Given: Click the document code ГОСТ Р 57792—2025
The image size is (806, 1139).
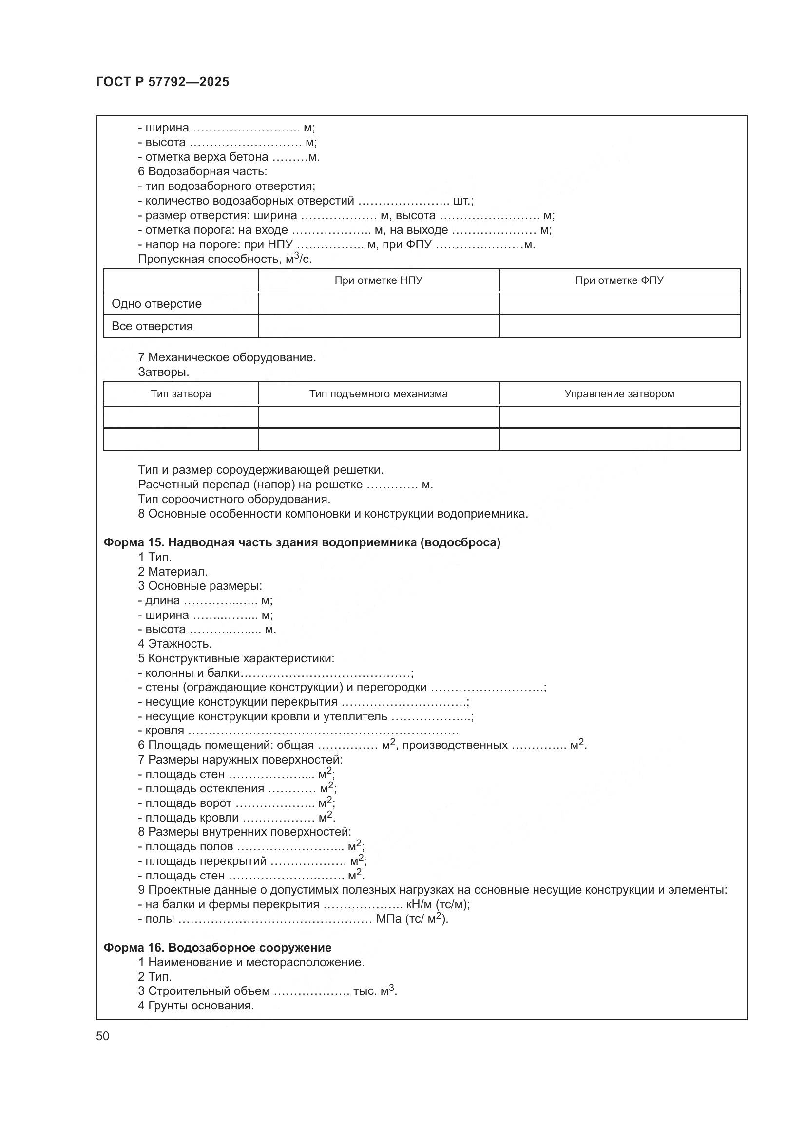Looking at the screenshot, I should [x=162, y=82].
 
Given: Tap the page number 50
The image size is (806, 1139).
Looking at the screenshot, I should [x=103, y=1036].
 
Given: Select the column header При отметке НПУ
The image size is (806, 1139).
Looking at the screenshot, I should [x=378, y=280].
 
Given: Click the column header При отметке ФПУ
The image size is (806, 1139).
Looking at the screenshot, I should [x=619, y=280].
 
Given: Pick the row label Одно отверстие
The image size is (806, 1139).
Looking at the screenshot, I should [x=156, y=303].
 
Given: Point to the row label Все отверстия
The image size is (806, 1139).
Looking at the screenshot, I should [x=152, y=326].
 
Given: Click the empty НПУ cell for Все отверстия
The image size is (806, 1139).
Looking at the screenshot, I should [x=378, y=326].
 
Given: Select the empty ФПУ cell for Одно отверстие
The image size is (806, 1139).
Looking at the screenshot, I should [x=619, y=303].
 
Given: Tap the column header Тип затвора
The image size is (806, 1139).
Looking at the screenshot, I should [x=181, y=394].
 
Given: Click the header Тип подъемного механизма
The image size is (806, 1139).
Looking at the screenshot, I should [x=378, y=394].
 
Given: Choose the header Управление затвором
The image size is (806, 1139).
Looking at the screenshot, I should [x=619, y=394].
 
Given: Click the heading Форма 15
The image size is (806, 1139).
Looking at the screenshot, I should [x=302, y=542].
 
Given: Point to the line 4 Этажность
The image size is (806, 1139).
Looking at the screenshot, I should [x=175, y=644].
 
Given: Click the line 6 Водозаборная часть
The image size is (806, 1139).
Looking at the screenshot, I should [x=203, y=171].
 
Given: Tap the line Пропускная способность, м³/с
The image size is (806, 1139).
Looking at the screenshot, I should [x=225, y=259].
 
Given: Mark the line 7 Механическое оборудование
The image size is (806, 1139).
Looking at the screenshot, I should [x=227, y=357].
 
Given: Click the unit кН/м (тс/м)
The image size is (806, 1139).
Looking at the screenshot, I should [x=437, y=904].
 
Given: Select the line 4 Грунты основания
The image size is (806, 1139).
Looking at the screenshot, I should [x=196, y=1006].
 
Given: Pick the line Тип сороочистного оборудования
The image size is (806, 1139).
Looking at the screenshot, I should [x=234, y=499].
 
